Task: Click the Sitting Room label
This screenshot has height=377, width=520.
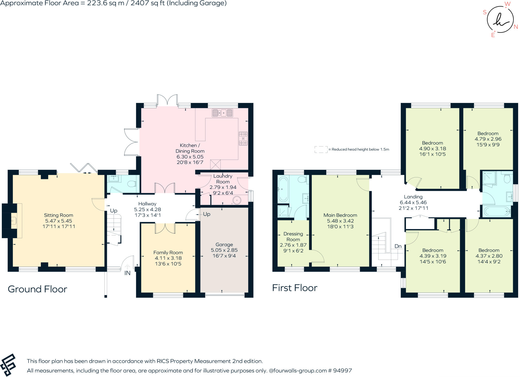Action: [x=58, y=215]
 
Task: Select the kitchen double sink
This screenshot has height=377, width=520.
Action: [x=222, y=113]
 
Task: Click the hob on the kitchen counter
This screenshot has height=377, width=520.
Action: [x=243, y=139]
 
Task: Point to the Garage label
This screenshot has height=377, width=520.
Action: [x=224, y=245]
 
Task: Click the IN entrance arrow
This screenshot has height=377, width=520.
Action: [x=127, y=267]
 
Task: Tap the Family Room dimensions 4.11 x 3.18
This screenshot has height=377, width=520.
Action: [x=168, y=258]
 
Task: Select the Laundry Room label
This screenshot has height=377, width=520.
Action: [x=223, y=179]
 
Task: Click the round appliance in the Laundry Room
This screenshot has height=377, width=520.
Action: [x=237, y=200]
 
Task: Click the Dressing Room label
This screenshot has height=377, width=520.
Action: [x=293, y=236]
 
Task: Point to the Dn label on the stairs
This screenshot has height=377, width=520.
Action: [x=398, y=246]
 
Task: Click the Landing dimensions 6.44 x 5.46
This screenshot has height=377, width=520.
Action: [x=413, y=202]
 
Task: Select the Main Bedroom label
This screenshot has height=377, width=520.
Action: [x=340, y=215]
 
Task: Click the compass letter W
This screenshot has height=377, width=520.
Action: [x=507, y=4]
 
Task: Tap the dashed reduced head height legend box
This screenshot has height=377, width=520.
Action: [x=321, y=149]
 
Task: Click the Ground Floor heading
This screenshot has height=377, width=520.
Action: [x=38, y=289]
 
